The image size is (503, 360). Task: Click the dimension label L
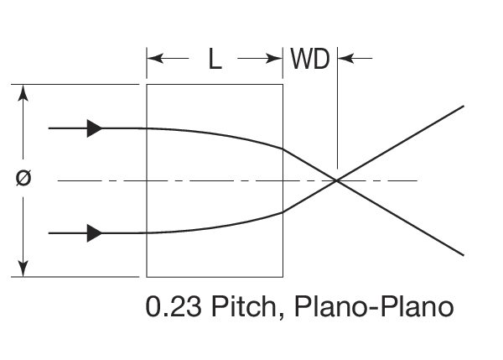click(x=215, y=60)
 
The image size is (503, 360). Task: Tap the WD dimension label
click(x=309, y=60)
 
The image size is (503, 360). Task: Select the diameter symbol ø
click(x=24, y=179)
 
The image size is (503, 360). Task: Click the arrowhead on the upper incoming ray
click(x=95, y=128)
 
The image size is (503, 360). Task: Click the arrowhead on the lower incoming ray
click(x=95, y=232)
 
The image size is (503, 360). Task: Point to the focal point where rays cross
click(x=337, y=180)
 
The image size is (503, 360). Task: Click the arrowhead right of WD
click(x=344, y=60)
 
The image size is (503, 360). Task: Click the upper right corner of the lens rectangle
click(x=283, y=85)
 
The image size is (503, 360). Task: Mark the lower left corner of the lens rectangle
click(x=147, y=275)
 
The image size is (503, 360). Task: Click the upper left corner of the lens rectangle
click(x=147, y=85)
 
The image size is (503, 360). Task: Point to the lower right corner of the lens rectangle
click(x=283, y=275)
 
